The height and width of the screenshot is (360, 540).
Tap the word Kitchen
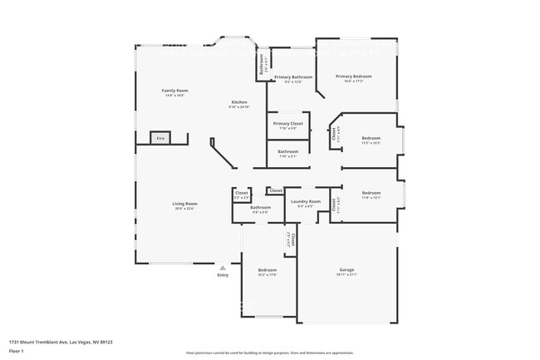pos(238,102)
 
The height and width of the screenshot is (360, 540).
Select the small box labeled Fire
pos(160,138)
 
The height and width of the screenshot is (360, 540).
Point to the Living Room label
pos(184,204)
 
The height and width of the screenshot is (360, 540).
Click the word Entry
pos(223,275)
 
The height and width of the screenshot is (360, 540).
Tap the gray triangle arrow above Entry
pos(223,268)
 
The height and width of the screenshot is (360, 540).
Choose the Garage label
pos(346,269)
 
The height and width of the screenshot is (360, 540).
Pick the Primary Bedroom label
pos(354,76)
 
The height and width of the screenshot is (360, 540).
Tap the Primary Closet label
pos(288,124)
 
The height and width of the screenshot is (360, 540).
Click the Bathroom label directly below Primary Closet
pos(288,151)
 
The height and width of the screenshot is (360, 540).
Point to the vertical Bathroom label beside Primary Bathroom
pos(262,64)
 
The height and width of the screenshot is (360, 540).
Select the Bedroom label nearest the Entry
pos(267,270)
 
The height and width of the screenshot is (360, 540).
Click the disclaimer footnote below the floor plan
pos(269,353)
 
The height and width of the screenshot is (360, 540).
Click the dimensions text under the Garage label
pos(346,274)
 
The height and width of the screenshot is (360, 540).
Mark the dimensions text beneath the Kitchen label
pos(238,107)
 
